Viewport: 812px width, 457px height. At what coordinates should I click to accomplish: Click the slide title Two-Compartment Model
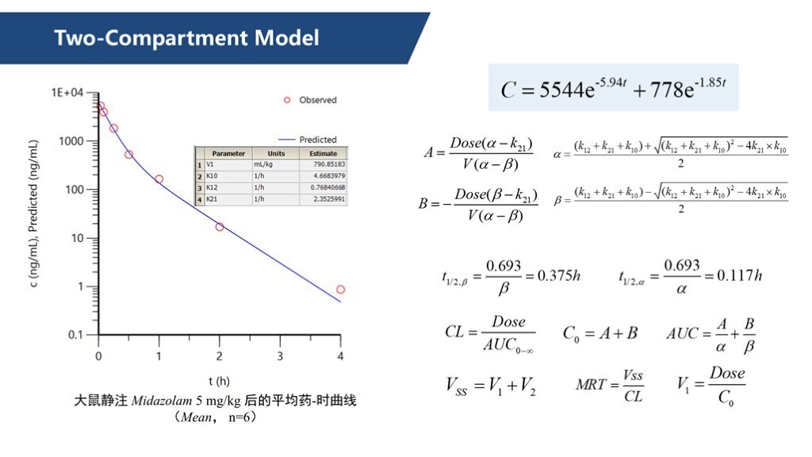(186, 37)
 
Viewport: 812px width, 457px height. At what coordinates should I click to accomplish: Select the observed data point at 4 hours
(340, 290)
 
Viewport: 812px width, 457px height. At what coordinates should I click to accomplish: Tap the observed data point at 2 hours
(220, 227)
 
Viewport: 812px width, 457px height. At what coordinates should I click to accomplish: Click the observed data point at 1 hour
(159, 179)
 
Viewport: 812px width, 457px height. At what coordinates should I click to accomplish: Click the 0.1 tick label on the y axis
(75, 335)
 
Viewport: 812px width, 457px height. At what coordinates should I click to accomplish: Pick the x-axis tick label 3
(280, 356)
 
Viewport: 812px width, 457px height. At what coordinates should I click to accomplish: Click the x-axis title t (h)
(219, 381)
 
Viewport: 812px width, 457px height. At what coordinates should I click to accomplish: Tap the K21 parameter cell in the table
(212, 199)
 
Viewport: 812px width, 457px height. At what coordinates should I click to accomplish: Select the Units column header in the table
(276, 153)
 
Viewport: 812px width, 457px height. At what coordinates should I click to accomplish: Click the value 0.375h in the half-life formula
(559, 275)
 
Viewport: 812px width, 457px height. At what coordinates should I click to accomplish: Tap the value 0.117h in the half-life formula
(739, 275)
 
